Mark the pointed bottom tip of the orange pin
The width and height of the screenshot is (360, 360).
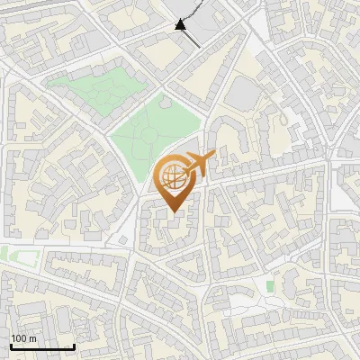click(x=173, y=212)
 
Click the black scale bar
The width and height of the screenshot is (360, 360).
click(x=42, y=346)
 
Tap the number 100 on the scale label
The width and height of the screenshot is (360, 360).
click(x=20, y=338)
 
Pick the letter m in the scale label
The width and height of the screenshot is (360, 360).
click(x=33, y=338)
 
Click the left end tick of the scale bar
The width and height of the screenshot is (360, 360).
click(x=11, y=345)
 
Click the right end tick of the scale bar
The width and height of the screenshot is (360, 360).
click(x=74, y=345)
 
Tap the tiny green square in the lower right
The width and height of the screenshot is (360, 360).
click(x=270, y=286)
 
